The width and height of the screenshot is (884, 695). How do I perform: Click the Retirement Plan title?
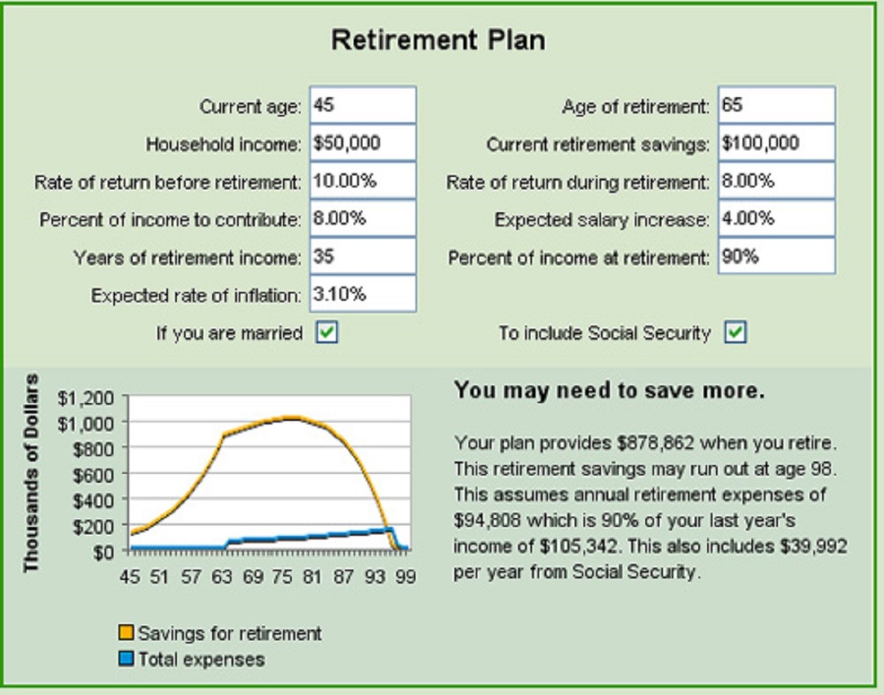tap(438, 41)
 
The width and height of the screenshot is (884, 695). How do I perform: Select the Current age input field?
tap(363, 105)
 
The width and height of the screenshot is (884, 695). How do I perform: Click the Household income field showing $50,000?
tap(363, 143)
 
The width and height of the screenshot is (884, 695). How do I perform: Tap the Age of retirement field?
tap(776, 105)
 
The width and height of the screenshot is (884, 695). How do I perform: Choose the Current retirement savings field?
tap(776, 143)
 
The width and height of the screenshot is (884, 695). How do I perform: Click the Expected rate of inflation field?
tap(363, 294)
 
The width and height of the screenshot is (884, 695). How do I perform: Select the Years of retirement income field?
tap(363, 256)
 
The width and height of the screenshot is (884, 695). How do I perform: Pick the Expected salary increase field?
tap(776, 218)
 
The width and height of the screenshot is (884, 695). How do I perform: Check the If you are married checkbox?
tap(326, 332)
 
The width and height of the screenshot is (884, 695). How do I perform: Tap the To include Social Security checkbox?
tap(735, 332)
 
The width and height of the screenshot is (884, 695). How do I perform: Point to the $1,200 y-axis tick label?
tap(85, 397)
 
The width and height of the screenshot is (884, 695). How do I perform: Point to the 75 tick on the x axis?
tap(282, 576)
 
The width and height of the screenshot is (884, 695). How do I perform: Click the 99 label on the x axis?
tap(405, 576)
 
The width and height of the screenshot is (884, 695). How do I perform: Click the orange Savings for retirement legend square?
tap(126, 633)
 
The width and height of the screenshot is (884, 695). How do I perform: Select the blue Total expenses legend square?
tap(126, 658)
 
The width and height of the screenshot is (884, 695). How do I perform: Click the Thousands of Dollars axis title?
tap(31, 473)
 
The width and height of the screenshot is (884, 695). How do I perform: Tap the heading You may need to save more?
tap(609, 390)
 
